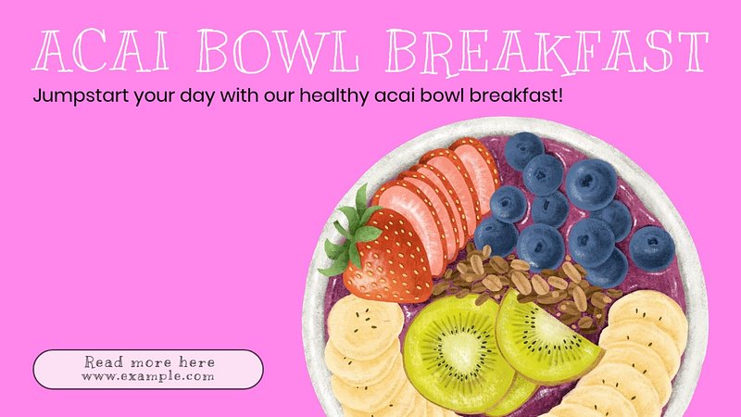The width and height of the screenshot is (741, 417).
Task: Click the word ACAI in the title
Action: coord(101,50)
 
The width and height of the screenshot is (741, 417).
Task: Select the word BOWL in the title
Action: coord(278,51)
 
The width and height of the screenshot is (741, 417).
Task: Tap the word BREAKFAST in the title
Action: coord(547,52)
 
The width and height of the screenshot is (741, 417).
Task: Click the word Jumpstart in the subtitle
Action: coord(81,96)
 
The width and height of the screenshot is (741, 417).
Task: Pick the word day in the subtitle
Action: coord(197,96)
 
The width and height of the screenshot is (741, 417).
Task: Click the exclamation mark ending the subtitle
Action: coord(560,95)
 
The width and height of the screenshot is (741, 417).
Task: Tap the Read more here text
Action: coord(149,362)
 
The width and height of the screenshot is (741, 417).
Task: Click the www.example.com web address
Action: coord(147,376)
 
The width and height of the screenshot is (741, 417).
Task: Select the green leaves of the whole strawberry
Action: coord(353,233)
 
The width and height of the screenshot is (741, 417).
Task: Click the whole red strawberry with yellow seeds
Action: coord(385,258)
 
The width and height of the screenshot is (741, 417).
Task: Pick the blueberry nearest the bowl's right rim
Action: coord(652,248)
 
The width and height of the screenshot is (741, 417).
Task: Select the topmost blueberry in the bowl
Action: coord(523,150)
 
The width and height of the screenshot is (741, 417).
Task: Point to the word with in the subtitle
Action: coord(240,96)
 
